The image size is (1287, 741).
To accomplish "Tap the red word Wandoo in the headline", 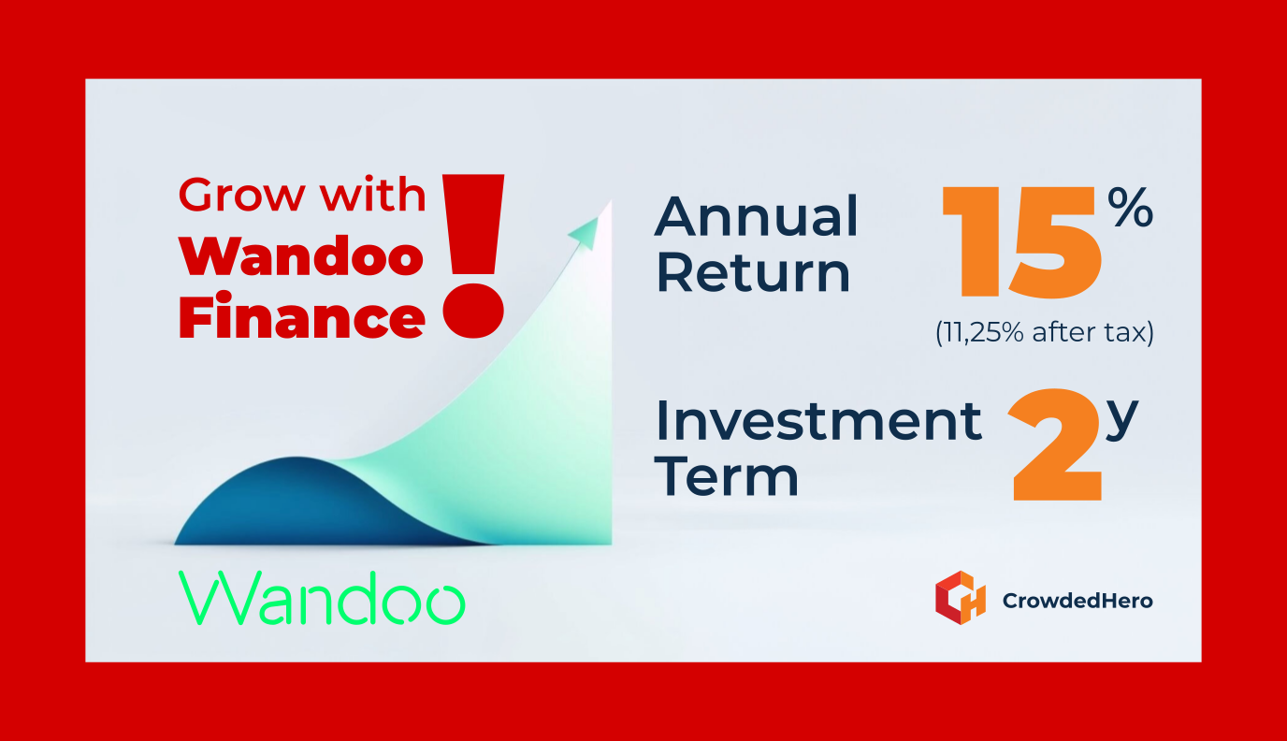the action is [x=301, y=256].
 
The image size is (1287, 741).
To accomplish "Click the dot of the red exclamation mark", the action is [x=473, y=311].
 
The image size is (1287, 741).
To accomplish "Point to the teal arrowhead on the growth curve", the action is [x=584, y=233].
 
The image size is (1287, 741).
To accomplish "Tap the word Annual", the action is [x=756, y=216].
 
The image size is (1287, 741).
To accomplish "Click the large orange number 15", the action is [x=1022, y=242].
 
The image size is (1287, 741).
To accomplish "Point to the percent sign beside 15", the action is [x=1131, y=207].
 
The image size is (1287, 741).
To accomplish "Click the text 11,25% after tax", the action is [x=1045, y=332].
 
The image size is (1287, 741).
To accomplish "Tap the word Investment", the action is [x=819, y=420].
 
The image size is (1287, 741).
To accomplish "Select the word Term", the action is [x=727, y=475].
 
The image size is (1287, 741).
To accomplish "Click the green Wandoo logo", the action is [x=322, y=598].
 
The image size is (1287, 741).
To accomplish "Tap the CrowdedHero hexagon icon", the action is [x=961, y=598].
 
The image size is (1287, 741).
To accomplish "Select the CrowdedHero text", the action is [x=1077, y=601].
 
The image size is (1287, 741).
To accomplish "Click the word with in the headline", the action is [x=373, y=194].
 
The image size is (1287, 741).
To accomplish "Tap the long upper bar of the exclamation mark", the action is [x=473, y=225].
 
